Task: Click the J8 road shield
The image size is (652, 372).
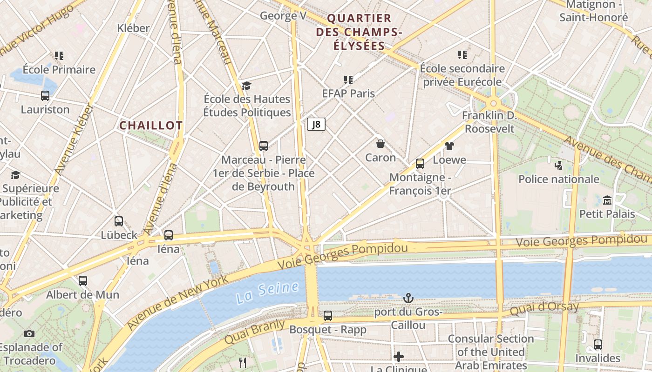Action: click(316, 124)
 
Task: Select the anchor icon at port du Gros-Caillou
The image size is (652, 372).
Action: click(408, 298)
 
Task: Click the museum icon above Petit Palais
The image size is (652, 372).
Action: click(607, 200)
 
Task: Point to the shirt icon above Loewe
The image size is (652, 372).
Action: click(449, 146)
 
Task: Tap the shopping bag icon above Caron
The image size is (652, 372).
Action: click(380, 143)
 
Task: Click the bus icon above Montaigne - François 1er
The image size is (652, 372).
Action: click(420, 163)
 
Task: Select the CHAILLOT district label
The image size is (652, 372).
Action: click(151, 126)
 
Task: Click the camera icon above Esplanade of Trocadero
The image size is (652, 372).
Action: click(29, 333)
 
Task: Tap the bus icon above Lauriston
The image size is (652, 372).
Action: click(45, 96)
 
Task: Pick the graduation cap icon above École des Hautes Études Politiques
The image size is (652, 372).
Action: click(246, 86)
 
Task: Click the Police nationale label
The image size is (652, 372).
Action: click(558, 179)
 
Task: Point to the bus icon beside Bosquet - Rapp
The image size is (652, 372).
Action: click(328, 316)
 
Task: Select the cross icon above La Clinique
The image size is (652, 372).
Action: click(399, 357)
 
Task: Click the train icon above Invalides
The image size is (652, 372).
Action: click(598, 345)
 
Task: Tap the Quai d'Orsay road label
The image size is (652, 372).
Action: click(544, 308)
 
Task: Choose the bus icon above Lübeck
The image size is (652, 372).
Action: click(119, 221)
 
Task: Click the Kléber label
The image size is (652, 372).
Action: click(133, 28)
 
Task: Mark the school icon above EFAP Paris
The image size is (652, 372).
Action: click(348, 80)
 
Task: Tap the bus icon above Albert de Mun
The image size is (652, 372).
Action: click(82, 281)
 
